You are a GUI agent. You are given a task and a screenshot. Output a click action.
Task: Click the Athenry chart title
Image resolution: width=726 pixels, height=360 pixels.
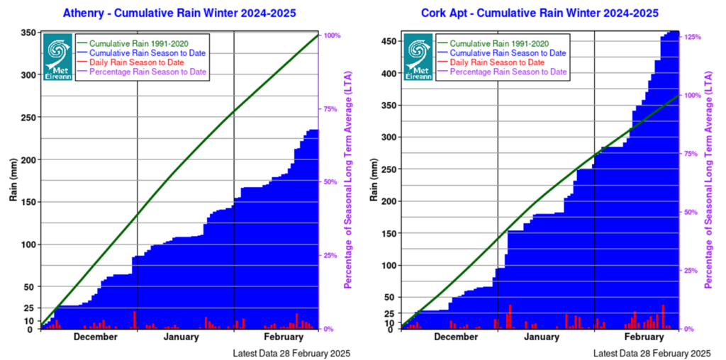[x=179, y=13]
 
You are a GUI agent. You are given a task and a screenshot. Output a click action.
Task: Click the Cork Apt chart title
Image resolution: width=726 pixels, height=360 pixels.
[x=540, y=13]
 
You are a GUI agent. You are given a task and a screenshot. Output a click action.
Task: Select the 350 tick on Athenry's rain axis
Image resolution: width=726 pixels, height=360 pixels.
[x=28, y=33]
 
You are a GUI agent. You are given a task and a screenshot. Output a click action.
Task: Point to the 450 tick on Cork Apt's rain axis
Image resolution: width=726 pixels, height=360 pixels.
[x=389, y=41]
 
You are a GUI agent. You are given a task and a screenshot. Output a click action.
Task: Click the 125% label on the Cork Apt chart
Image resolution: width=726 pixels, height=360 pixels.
[x=693, y=37]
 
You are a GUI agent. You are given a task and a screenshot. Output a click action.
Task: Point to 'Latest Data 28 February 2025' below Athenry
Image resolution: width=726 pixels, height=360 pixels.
[x=291, y=353]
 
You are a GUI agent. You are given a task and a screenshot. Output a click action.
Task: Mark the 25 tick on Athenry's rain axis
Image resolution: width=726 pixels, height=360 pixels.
[x=30, y=308]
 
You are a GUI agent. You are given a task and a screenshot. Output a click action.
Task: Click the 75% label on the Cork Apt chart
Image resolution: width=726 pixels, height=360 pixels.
[x=691, y=153]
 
